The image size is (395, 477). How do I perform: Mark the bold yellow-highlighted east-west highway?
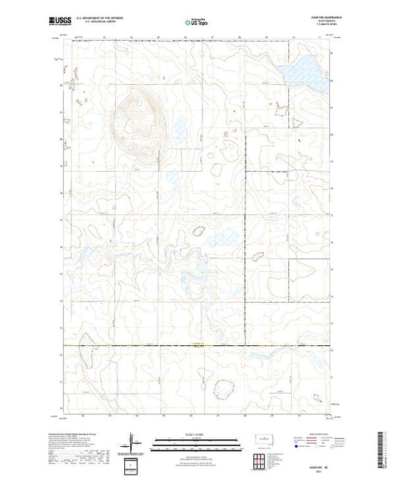(x=197, y=347)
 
